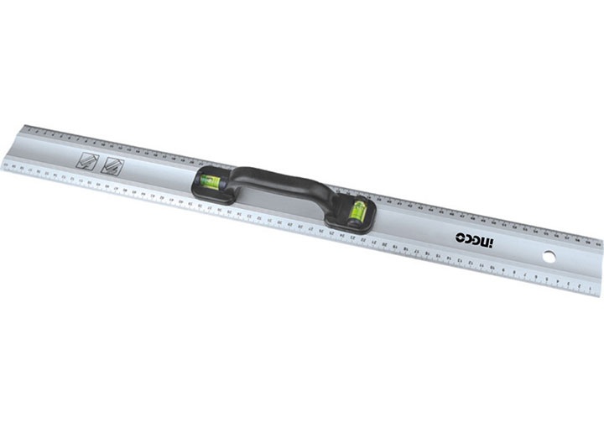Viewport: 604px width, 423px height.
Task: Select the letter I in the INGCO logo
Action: click(493, 244)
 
